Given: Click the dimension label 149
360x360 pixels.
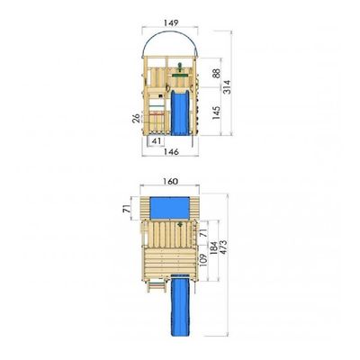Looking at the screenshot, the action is (x=171, y=22).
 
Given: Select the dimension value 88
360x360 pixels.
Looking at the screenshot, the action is (x=216, y=73).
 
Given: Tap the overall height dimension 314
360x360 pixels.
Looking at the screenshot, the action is (x=227, y=87).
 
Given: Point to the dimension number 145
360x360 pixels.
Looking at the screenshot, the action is (x=216, y=112).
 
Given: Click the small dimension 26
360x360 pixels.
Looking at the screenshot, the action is (x=137, y=118).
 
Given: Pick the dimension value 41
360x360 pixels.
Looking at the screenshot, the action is (x=157, y=141).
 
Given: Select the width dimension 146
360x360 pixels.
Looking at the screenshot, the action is (x=171, y=152).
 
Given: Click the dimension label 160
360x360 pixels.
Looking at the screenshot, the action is (x=171, y=182).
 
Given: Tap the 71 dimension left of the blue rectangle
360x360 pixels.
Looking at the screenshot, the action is (x=126, y=209).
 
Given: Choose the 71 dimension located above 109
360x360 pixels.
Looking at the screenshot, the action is (x=203, y=232).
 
